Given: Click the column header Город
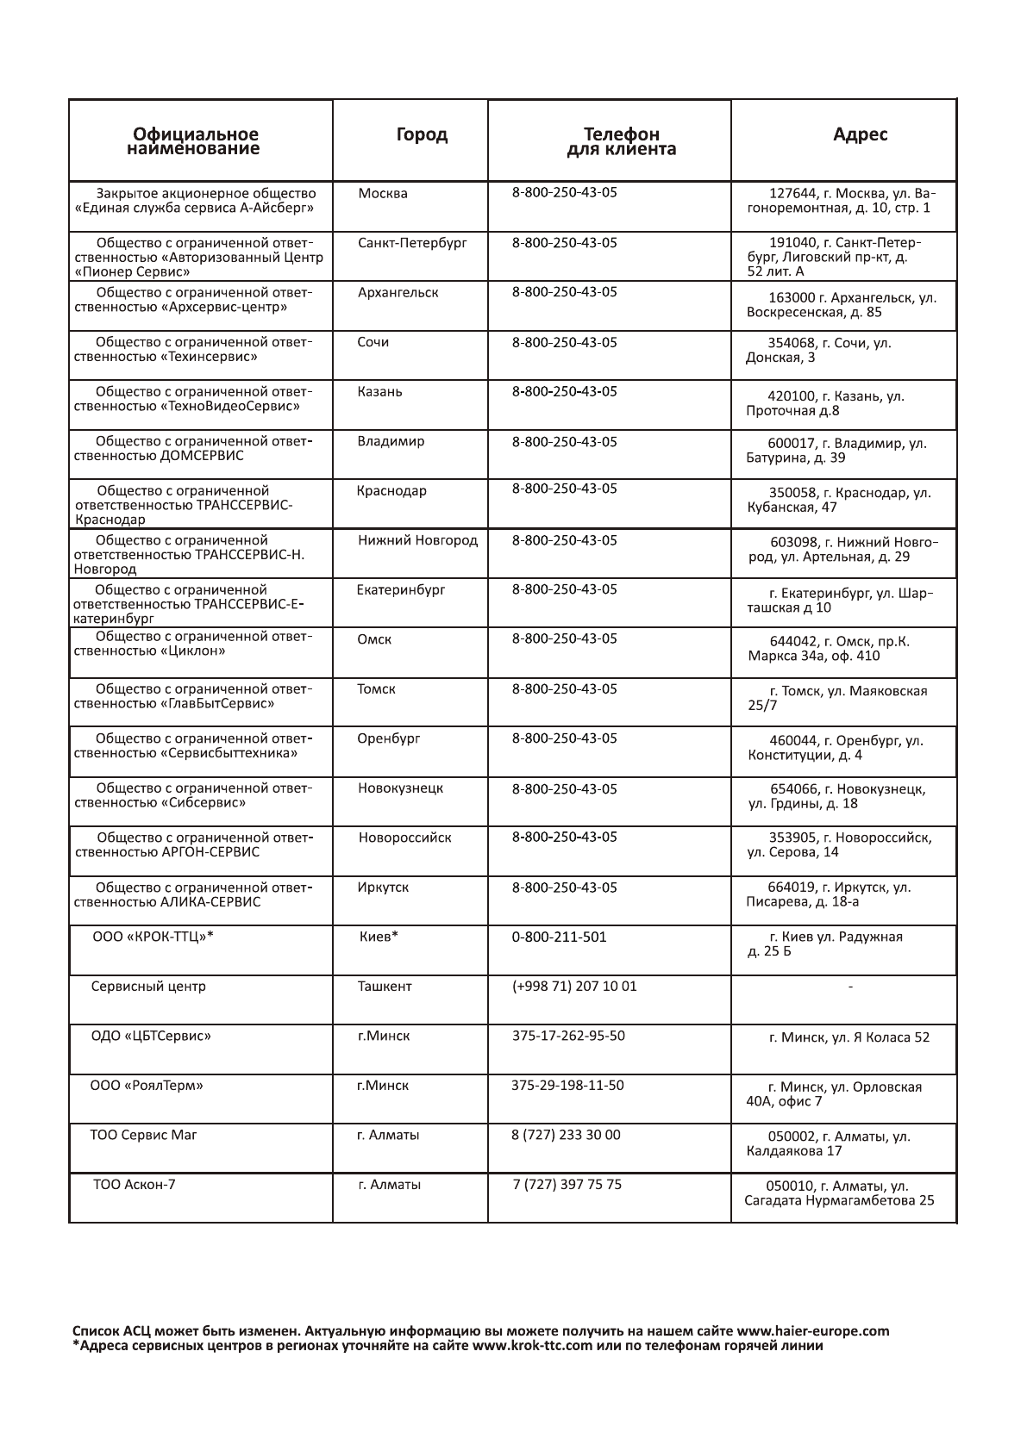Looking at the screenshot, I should point(422,134).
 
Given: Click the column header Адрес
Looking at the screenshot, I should point(860,134).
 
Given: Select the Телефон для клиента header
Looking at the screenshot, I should point(621,141).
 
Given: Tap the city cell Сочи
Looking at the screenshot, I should point(373,342).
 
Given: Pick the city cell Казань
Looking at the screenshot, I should point(379,391).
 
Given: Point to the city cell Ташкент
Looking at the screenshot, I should point(385,986).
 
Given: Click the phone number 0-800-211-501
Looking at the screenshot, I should point(559,937).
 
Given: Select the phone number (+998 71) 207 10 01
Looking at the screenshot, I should point(574,986).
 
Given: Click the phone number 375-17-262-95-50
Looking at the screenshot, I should point(568,1036).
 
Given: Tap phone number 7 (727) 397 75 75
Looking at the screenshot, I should point(567,1184).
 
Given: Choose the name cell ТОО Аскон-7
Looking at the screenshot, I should point(134,1184).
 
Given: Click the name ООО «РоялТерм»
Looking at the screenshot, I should point(147,1086).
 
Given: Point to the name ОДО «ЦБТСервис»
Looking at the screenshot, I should point(151,1036).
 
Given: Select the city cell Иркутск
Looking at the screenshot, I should point(383,887).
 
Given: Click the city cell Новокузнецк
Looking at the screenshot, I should point(401,788).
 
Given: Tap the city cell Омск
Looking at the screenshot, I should point(374,639).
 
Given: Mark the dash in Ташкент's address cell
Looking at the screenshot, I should point(851,987).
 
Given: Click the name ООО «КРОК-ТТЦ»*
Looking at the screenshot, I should point(153,937).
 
